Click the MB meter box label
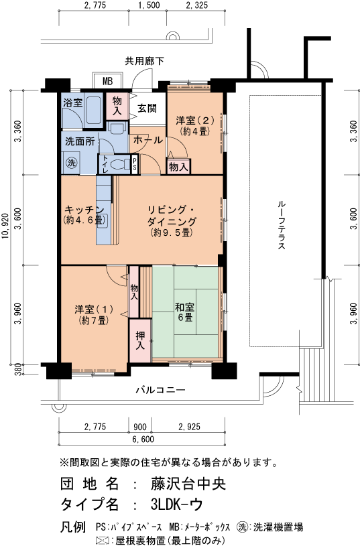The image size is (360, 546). [x=108, y=82]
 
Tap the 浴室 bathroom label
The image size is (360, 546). [x=72, y=103]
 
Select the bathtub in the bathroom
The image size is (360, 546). [x=93, y=109]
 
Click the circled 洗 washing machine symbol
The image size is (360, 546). [x=72, y=162]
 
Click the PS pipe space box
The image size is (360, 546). [x=135, y=163]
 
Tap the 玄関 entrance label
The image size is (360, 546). [x=147, y=109]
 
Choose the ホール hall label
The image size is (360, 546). [x=147, y=140]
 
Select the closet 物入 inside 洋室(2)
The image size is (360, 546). [x=178, y=166]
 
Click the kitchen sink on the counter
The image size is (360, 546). [x=103, y=220]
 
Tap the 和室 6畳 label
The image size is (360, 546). [x=185, y=312]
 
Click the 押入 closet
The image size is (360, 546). [x=140, y=340]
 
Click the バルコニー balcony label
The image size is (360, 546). [x=160, y=390]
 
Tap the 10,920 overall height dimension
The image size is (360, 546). [x=5, y=226]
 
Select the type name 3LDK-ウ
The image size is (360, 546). [x=177, y=504]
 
